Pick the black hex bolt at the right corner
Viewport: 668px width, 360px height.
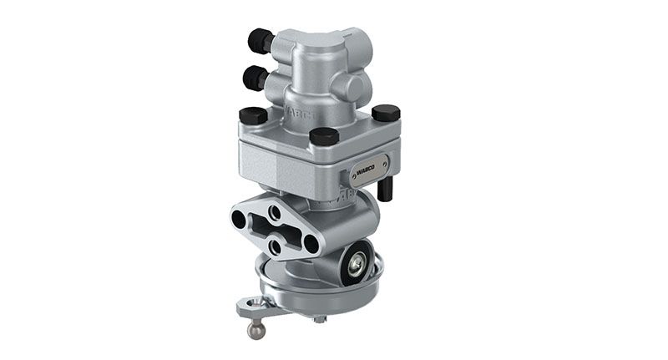pyautogui.click(x=386, y=112)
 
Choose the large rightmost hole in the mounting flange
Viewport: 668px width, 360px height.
pyautogui.click(x=311, y=244)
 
